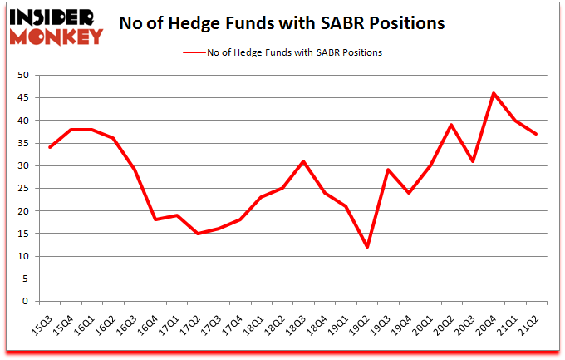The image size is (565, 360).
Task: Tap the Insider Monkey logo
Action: tap(56, 25)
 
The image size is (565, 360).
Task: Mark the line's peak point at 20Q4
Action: tap(494, 93)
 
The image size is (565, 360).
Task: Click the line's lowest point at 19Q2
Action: tap(367, 247)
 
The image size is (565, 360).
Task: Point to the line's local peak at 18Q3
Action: tap(303, 161)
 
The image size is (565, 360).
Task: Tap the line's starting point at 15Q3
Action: tap(49, 147)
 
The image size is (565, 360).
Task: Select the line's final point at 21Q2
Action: tap(537, 134)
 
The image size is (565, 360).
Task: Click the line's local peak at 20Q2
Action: tap(452, 125)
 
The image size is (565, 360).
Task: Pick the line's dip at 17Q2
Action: tap(198, 234)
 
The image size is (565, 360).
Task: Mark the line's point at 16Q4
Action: tap(155, 219)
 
